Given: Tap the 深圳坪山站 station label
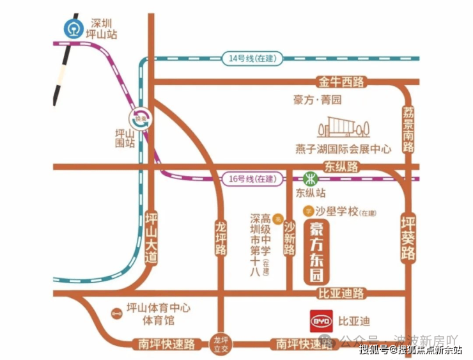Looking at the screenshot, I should point(102,29).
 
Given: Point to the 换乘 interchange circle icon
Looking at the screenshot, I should point(140,118).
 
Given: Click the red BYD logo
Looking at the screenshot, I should point(320,321).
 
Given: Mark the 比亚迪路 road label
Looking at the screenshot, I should point(341,293).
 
